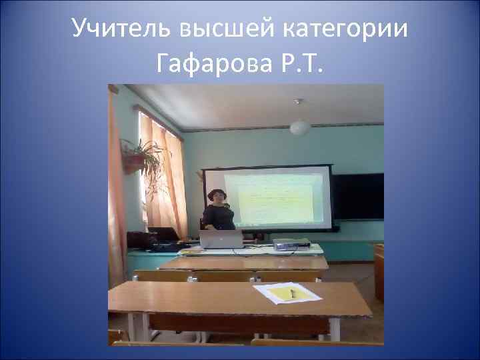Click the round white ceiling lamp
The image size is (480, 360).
[x=299, y=127]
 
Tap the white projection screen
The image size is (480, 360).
[x=273, y=197]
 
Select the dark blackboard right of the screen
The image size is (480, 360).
[x=358, y=197]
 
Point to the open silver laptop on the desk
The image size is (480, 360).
[x=222, y=239]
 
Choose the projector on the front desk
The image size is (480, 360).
[x=291, y=243]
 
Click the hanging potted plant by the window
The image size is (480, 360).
[x=139, y=157]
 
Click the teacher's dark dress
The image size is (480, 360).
[x=219, y=217]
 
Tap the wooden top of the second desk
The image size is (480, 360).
[x=243, y=263]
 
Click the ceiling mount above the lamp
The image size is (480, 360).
[x=298, y=102]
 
